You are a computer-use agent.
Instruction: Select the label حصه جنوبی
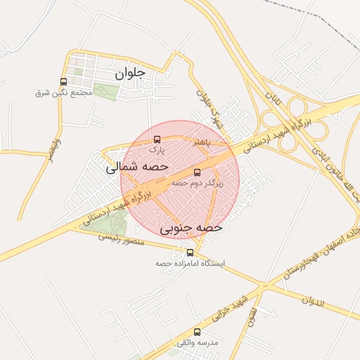191,228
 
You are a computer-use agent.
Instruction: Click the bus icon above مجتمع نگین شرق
64,82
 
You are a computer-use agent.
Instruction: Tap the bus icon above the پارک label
157,139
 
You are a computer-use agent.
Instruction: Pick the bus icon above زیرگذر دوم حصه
197,172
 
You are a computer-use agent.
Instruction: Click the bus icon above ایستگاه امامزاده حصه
190,252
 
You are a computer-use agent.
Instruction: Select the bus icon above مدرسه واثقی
197,332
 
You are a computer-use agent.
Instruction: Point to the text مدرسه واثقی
198,342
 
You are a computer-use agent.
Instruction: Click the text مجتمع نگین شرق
64,93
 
